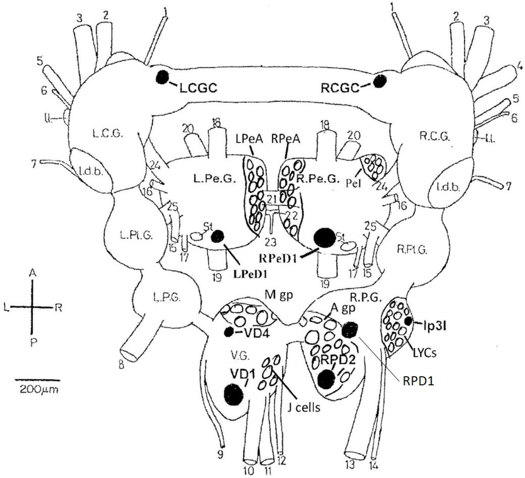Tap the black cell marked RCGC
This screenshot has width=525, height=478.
(379, 80)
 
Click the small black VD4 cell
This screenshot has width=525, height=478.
(228, 331)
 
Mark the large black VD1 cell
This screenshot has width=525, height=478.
(233, 394)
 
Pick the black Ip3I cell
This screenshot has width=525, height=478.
(408, 321)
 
